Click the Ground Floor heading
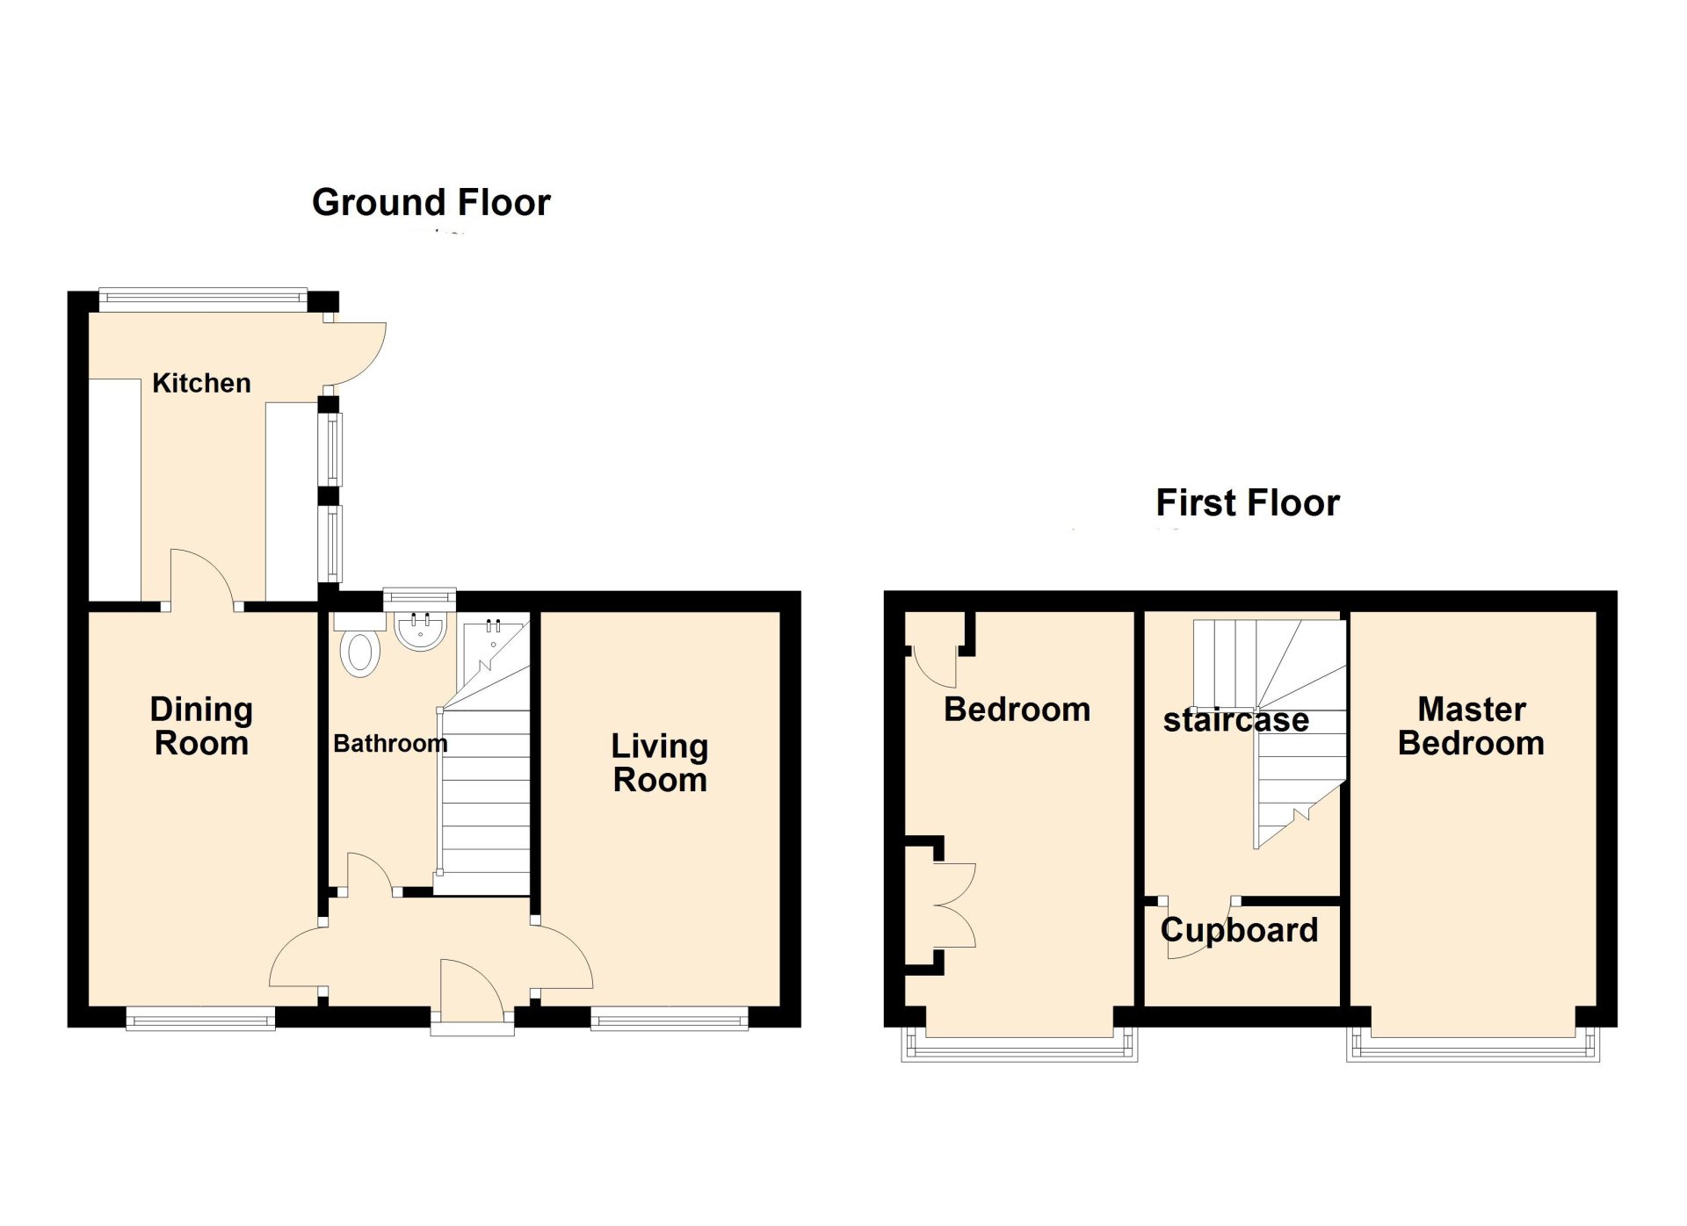[431, 203]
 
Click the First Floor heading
[1248, 503]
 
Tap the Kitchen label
[201, 383]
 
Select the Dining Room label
[201, 726]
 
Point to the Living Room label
[660, 763]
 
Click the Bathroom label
[390, 744]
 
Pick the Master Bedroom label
[1471, 726]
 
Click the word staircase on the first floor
[1236, 720]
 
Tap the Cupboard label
[1239, 930]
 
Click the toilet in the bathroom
[360, 653]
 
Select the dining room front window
[200, 1019]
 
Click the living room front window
[670, 1019]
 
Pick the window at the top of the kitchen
[203, 299]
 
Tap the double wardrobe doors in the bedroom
[956, 905]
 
